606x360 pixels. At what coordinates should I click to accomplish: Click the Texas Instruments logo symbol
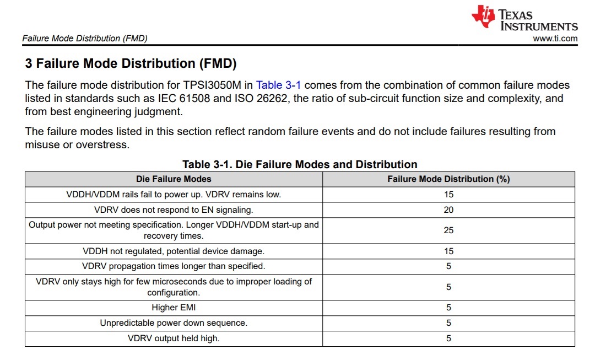click(x=483, y=17)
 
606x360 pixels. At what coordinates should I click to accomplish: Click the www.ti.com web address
click(x=555, y=39)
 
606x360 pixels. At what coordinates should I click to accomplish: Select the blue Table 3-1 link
click(x=278, y=85)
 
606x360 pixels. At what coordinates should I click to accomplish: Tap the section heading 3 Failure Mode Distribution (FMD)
click(x=131, y=64)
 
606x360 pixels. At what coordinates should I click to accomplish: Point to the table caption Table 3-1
click(x=300, y=164)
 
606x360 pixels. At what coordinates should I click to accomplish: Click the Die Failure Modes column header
click(x=174, y=179)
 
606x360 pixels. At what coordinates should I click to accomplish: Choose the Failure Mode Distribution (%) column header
click(x=448, y=179)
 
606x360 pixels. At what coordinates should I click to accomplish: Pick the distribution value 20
click(x=448, y=209)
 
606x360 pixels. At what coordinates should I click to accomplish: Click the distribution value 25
click(x=448, y=230)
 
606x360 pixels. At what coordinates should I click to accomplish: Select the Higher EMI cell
click(x=174, y=308)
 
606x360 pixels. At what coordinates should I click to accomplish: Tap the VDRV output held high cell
click(x=174, y=338)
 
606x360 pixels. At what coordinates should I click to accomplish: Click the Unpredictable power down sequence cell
click(x=174, y=323)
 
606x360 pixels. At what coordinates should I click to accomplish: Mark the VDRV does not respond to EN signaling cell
click(x=174, y=209)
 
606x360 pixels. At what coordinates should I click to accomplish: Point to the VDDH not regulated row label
click(x=174, y=251)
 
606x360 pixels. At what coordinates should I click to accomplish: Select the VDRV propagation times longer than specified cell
click(x=174, y=266)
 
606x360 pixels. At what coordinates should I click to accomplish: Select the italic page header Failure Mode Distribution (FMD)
click(x=84, y=39)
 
